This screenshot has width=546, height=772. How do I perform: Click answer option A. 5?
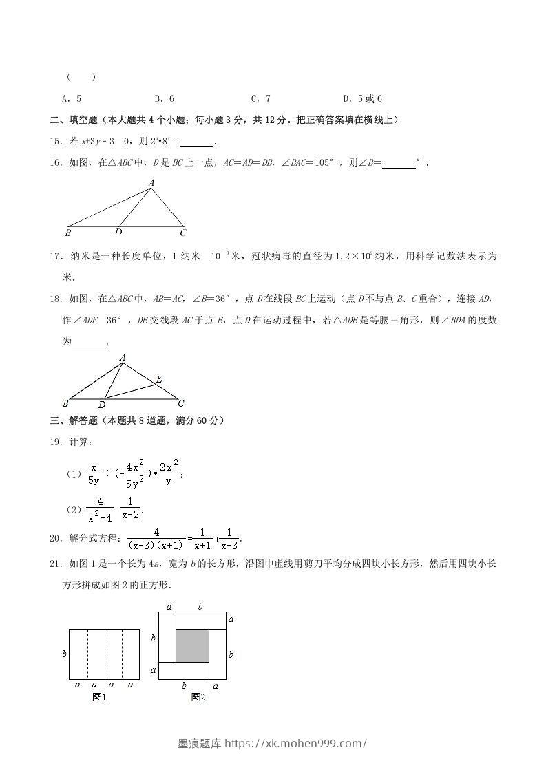tap(72, 98)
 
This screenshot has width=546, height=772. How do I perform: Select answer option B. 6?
tap(164, 98)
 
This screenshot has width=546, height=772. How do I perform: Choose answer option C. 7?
tap(260, 98)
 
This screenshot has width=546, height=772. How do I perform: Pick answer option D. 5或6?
tap(362, 98)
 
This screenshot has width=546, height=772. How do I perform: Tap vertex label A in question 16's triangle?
tap(151, 182)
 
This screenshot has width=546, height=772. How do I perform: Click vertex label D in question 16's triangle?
tap(118, 233)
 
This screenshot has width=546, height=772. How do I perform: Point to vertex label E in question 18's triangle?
tap(159, 379)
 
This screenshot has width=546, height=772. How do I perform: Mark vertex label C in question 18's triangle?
tap(180, 403)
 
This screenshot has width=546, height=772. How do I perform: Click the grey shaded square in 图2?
tap(192, 645)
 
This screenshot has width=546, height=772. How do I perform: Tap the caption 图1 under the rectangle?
tap(99, 697)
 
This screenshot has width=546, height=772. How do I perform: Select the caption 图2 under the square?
tap(198, 697)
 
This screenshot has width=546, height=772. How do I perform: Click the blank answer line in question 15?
tap(197, 143)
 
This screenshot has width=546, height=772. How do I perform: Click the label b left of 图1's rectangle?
tap(64, 654)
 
